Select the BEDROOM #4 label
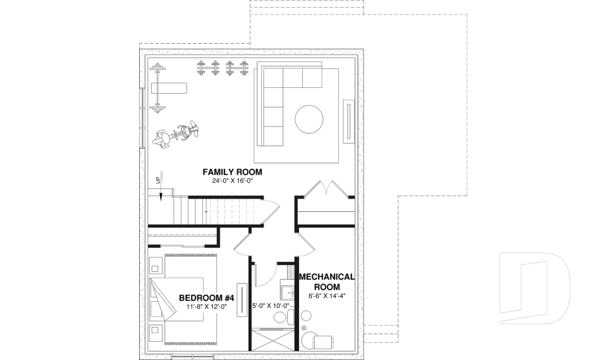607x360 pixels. (207, 298)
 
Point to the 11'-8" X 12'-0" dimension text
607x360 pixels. (207, 307)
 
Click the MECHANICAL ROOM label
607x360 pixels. (326, 282)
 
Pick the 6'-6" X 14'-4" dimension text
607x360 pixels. (326, 295)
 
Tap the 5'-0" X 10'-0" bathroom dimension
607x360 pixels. (271, 306)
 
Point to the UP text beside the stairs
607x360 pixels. (158, 180)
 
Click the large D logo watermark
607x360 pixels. (534, 289)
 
